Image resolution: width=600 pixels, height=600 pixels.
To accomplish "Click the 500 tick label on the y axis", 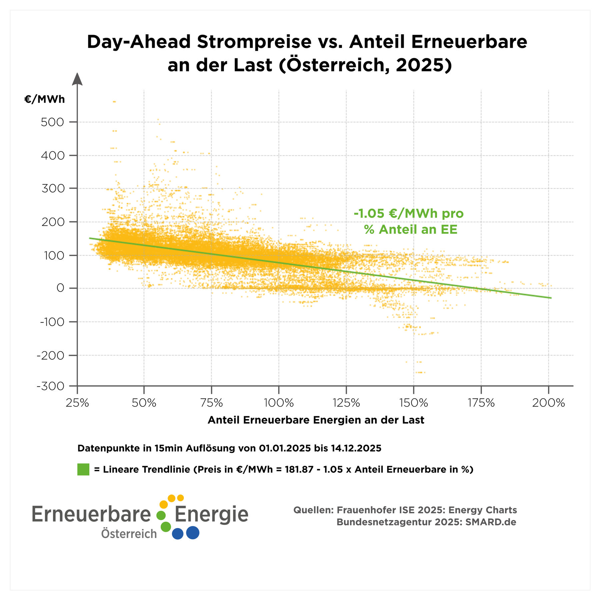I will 52,122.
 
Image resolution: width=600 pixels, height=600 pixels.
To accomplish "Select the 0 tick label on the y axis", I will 60,288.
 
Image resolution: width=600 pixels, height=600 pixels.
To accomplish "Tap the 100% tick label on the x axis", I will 279,403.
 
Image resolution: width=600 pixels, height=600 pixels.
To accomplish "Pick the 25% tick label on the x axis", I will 77,403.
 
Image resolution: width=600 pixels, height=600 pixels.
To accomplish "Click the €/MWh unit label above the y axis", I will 44,99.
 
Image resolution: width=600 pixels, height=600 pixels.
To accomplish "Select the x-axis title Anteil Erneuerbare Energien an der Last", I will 316,420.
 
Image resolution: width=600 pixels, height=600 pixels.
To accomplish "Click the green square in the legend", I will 83,469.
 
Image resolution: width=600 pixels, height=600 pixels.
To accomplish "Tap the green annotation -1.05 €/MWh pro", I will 409,213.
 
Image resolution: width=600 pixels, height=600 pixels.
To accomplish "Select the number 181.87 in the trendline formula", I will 299,469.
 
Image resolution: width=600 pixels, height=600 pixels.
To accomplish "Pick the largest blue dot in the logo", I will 193,533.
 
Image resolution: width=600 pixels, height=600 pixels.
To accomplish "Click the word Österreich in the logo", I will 129,534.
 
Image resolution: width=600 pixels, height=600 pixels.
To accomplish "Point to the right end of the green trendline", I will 551,298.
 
